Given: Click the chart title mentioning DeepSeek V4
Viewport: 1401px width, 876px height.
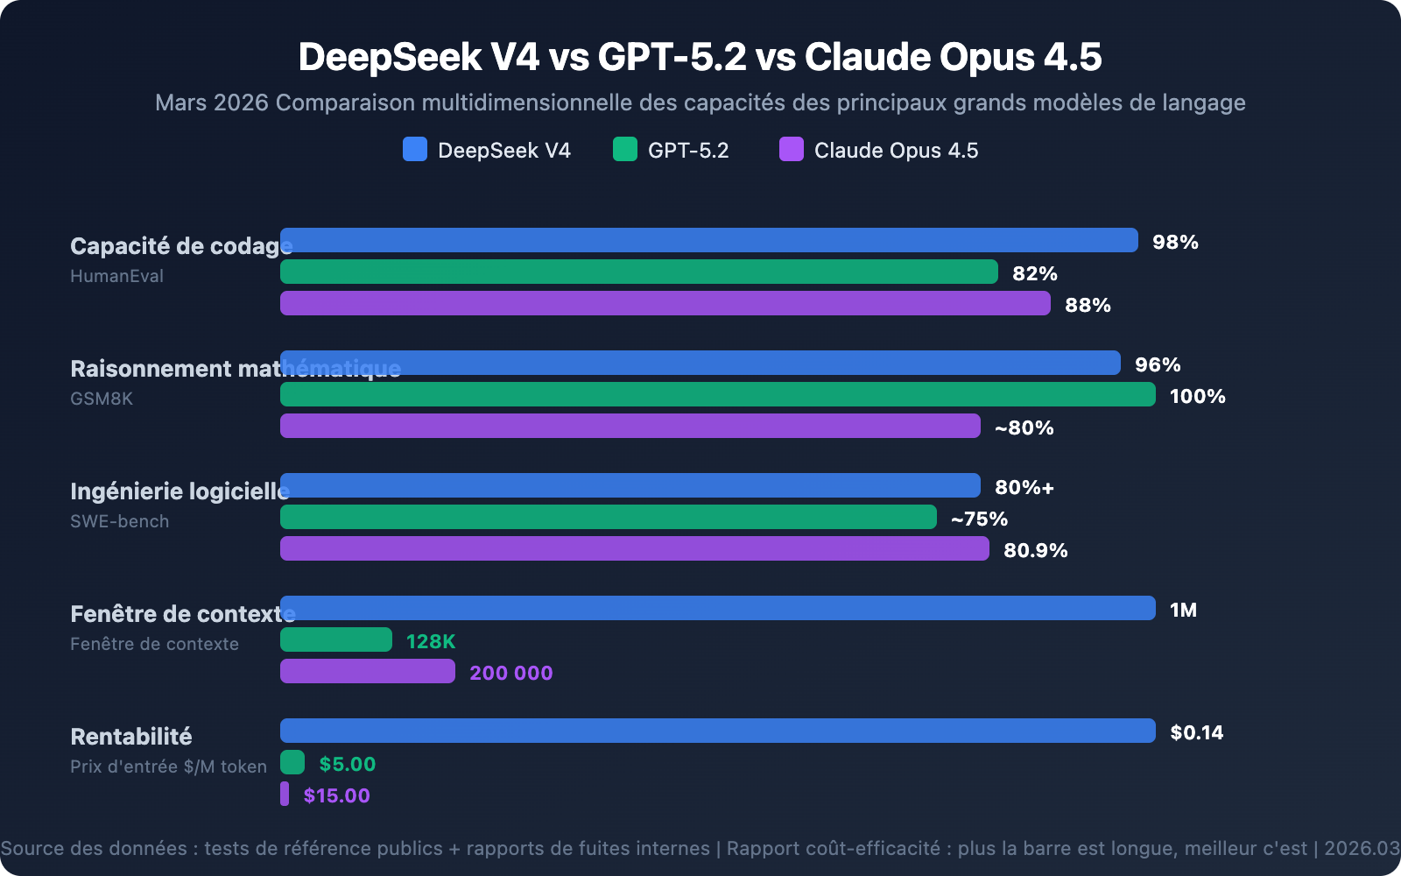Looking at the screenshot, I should tap(700, 57).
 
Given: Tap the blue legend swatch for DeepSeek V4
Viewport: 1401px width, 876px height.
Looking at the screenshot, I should tap(415, 149).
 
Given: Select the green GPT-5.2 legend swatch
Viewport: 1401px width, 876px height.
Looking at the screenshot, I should tap(625, 149).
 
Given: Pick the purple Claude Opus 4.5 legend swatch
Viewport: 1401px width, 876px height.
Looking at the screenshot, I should tap(792, 149).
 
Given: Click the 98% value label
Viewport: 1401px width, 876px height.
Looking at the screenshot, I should tap(1175, 242).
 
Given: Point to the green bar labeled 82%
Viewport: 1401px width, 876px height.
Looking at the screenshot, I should tap(639, 272).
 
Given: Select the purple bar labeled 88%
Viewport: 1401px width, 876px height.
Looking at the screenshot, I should tap(665, 303).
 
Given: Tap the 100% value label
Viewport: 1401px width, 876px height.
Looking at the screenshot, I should tap(1197, 396).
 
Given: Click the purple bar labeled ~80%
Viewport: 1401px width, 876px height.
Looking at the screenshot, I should tap(630, 426).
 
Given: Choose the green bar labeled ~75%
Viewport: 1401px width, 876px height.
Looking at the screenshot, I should tap(609, 517).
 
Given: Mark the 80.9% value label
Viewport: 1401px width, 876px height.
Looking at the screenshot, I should tap(1035, 550).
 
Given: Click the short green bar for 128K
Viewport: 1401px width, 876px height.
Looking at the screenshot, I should tap(336, 639).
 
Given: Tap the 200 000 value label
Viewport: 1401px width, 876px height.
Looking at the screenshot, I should tap(510, 673).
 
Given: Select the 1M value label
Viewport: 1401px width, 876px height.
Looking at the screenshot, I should tap(1183, 610).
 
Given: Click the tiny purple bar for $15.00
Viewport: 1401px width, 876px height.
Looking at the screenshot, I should tap(285, 794).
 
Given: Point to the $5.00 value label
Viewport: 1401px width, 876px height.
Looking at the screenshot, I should tap(347, 764).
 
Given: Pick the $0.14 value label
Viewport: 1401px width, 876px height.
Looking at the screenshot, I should tap(1196, 732).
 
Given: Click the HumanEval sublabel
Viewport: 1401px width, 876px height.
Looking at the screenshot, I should tap(116, 276).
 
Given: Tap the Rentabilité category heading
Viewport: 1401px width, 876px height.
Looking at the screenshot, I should tap(130, 736).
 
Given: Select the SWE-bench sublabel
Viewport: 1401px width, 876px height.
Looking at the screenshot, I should tap(119, 521).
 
